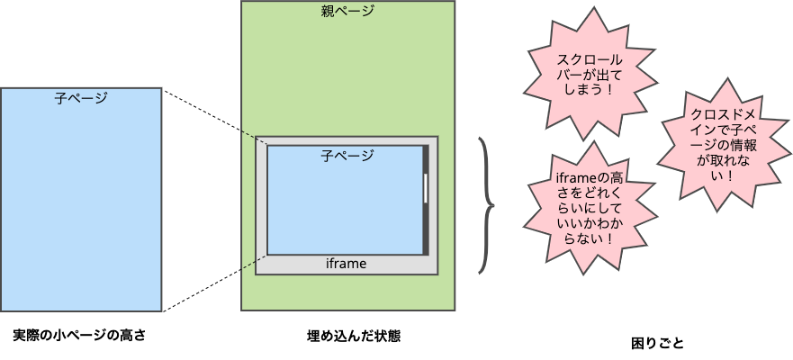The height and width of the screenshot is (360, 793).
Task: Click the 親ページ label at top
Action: coord(347,12)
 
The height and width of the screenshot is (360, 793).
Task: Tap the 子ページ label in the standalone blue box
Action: coord(81,98)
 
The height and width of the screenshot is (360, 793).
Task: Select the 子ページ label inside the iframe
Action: coord(347,156)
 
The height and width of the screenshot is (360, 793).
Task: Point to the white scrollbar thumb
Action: coord(426,188)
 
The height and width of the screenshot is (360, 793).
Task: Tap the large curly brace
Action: coord(488,204)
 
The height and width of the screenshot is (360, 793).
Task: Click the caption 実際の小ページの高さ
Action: coord(79,336)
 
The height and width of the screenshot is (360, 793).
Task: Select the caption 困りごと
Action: coord(657,343)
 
